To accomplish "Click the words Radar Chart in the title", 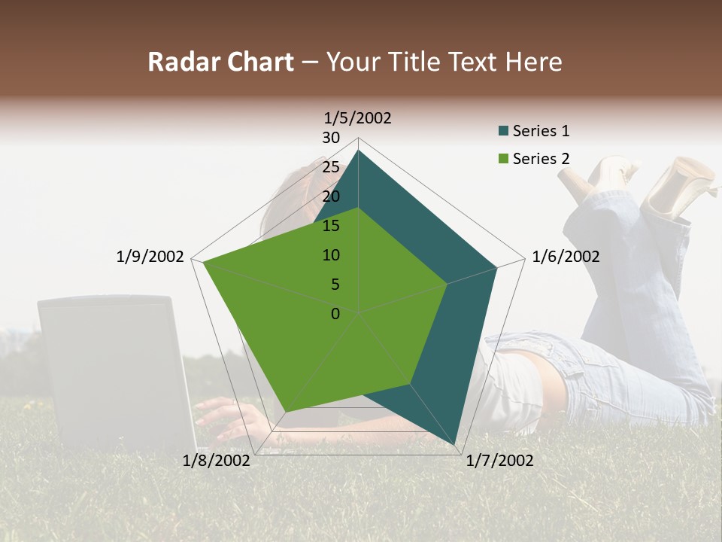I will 220,62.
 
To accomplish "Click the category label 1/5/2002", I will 358,117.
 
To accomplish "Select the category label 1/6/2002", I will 566,257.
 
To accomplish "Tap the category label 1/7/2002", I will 499,461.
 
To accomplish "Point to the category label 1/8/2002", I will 216,461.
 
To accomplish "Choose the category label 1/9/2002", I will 150,257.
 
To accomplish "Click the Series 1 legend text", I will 541,131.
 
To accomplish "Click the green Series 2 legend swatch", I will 503,159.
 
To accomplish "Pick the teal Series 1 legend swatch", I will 503,132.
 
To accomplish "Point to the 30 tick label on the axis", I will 331,138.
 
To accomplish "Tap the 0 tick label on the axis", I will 335,313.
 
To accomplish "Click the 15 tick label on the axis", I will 331,226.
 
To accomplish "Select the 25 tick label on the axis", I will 331,167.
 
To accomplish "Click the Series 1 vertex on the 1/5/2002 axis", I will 358,151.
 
